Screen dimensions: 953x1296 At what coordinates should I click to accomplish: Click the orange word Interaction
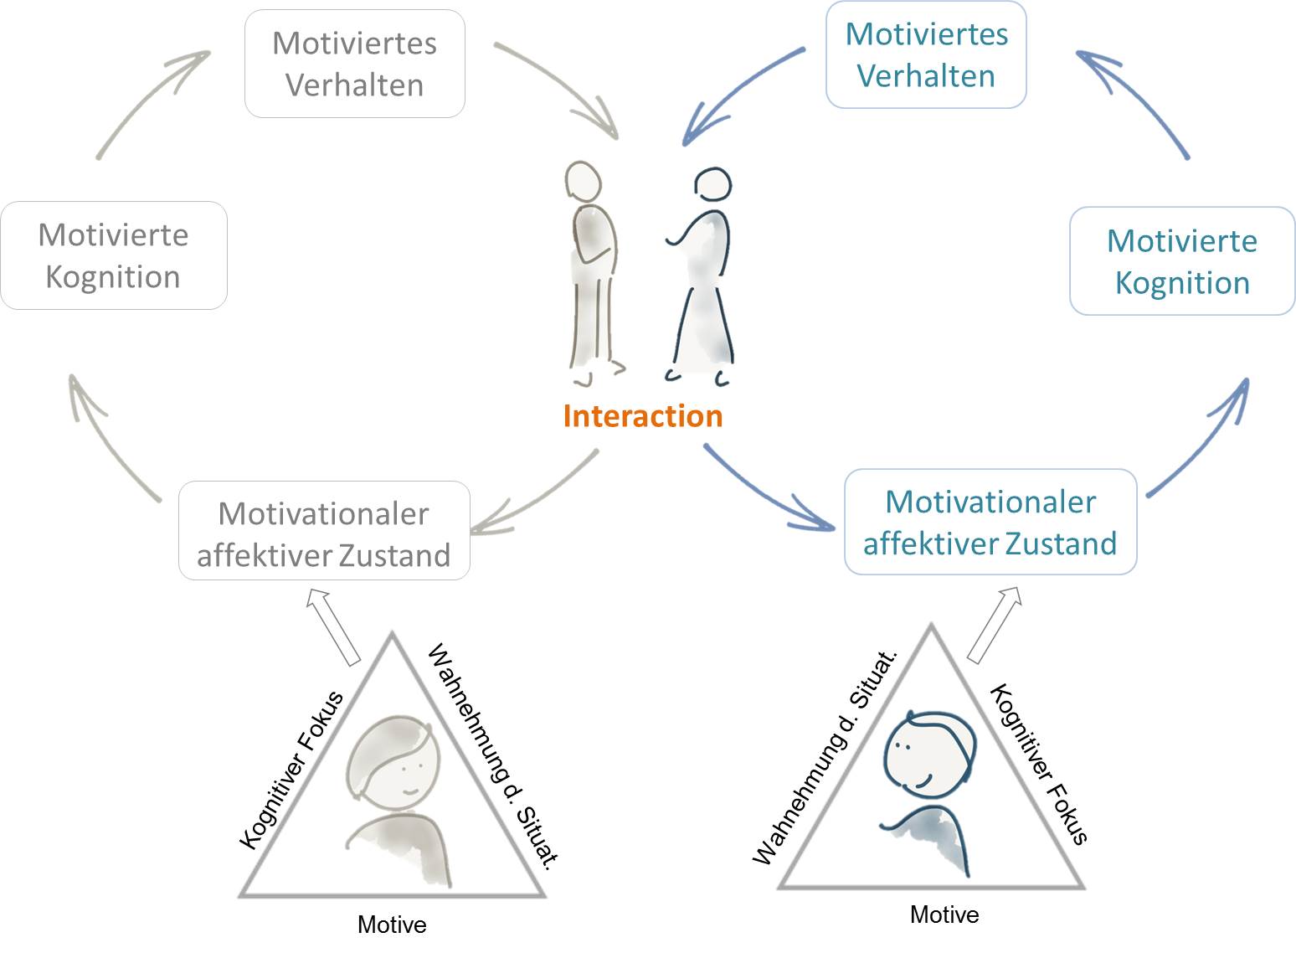(x=642, y=416)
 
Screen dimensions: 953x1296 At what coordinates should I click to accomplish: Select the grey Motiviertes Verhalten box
(x=354, y=64)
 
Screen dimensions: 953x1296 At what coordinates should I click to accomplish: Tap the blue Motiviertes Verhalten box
(x=926, y=55)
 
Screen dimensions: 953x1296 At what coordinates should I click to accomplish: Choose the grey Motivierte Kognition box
(x=113, y=255)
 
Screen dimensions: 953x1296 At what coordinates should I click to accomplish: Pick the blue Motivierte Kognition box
(x=1181, y=261)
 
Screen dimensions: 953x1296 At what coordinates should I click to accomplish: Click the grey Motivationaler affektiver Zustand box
(x=324, y=531)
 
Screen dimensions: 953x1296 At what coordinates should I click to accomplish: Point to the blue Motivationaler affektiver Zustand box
(x=990, y=522)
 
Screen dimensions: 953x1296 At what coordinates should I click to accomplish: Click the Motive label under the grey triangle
(x=392, y=925)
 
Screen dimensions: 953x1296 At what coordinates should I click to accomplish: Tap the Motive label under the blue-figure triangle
(x=944, y=914)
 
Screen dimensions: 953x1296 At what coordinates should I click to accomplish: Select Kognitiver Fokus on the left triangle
(x=291, y=769)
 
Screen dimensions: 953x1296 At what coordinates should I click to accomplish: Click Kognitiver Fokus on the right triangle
(x=1039, y=764)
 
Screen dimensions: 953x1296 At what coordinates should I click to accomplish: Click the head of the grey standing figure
(x=583, y=180)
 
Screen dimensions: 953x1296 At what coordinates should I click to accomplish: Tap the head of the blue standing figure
(x=713, y=185)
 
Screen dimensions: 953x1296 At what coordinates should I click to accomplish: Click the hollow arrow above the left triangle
(x=333, y=626)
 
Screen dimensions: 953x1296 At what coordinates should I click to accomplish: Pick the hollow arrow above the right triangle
(x=995, y=623)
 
